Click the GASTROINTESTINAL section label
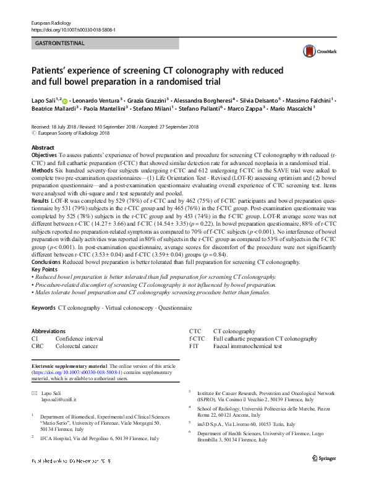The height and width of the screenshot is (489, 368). (x=60, y=43)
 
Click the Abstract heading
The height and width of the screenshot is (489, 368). (x=43, y=148)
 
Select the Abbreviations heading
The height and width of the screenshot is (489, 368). (x=48, y=331)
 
